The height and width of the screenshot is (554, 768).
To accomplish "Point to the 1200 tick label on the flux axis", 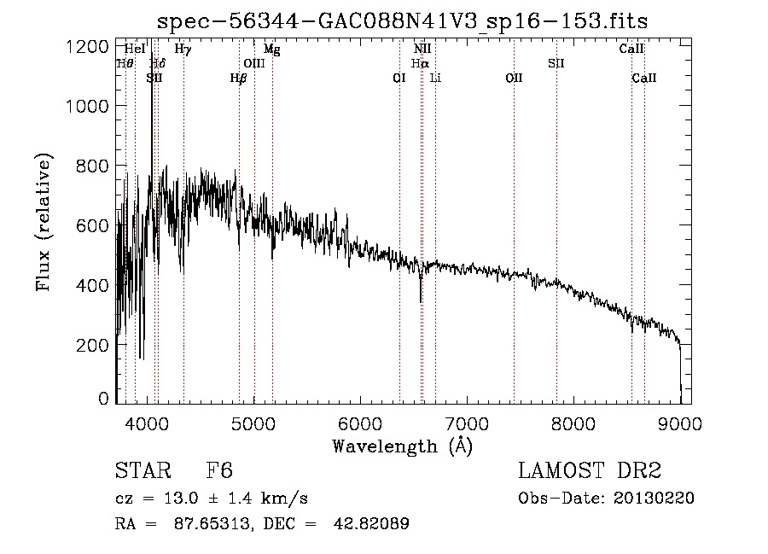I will tap(87, 46).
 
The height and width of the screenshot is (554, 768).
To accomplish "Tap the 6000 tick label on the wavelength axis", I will tap(359, 421).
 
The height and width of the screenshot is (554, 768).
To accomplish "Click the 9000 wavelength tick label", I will tap(679, 421).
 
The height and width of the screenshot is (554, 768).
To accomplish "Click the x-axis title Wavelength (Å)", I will tap(402, 446).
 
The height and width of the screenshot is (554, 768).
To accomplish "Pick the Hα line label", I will tap(419, 63).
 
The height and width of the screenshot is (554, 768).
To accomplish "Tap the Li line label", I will tap(435, 78).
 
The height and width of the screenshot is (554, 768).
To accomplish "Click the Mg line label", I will tap(271, 50).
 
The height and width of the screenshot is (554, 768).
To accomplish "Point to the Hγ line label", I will tap(183, 50).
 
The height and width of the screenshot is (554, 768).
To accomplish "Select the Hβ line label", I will tap(238, 78).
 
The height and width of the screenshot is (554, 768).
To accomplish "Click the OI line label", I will tap(399, 78).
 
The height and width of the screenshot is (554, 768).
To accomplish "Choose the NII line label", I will tap(422, 50).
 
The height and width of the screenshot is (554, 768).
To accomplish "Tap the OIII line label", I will tap(254, 63).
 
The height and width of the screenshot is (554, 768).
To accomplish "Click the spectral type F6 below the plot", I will tap(219, 471).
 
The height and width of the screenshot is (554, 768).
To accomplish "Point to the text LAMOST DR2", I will tap(590, 471).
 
